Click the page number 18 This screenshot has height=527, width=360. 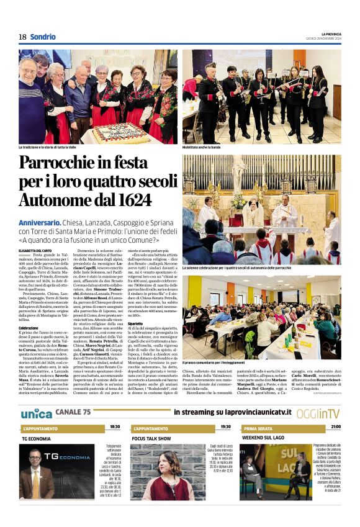point(22,37)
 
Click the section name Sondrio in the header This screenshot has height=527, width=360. point(43,37)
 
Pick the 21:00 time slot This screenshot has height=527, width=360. point(335,427)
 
